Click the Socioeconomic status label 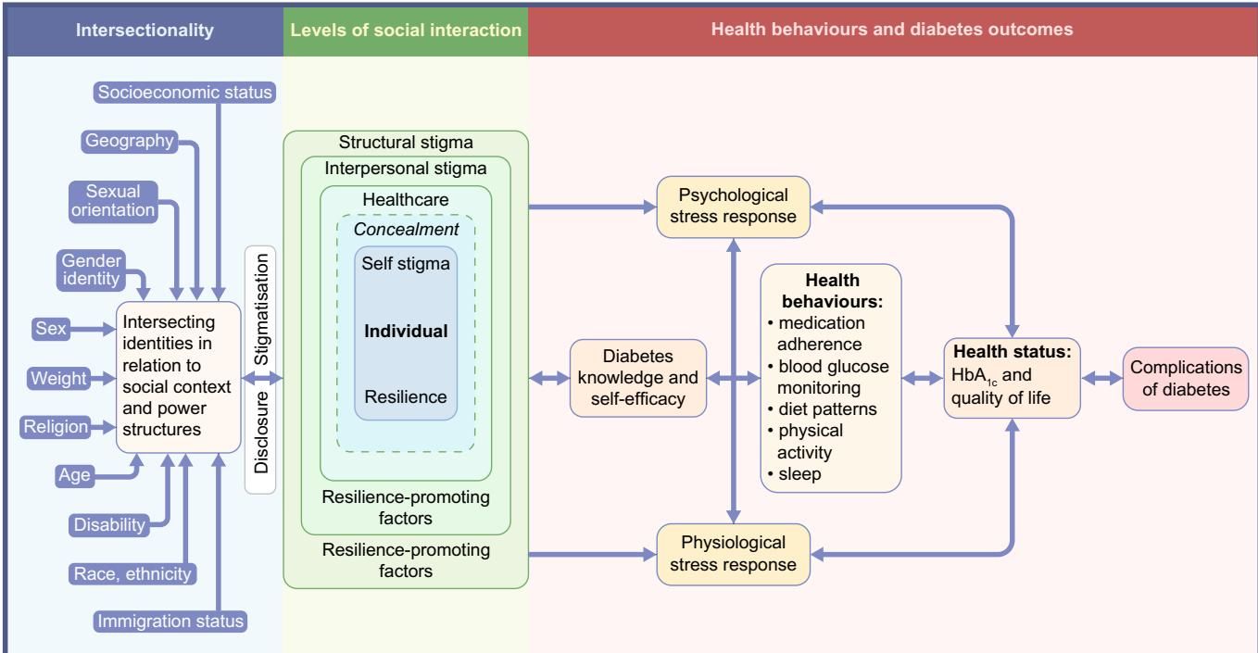pyautogui.click(x=185, y=94)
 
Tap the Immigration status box pyautogui.click(x=172, y=621)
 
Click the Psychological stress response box pyautogui.click(x=733, y=207)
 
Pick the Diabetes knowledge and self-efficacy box pyautogui.click(x=637, y=379)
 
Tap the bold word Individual pyautogui.click(x=405, y=331)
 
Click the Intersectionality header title pyautogui.click(x=142, y=30)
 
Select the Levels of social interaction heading pyautogui.click(x=405, y=30)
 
